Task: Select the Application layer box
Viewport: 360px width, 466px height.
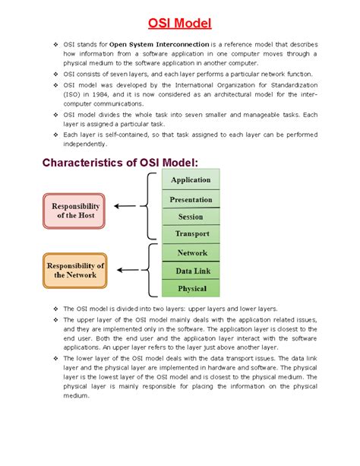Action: click(191, 179)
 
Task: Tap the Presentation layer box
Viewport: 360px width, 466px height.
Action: click(191, 199)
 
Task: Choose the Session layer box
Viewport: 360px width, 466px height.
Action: click(191, 217)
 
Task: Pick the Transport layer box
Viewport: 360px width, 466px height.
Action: click(191, 234)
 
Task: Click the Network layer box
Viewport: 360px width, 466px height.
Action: click(191, 252)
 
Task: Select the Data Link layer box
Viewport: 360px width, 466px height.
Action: click(191, 270)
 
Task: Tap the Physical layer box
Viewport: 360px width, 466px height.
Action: click(191, 288)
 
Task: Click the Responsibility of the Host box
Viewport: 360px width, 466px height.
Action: click(76, 211)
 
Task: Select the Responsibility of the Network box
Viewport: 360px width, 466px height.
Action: click(76, 270)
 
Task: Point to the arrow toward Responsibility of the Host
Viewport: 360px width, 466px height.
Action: click(128, 206)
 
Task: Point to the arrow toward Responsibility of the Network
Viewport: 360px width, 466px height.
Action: click(128, 270)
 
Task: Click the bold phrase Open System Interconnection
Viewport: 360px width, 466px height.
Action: click(159, 45)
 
